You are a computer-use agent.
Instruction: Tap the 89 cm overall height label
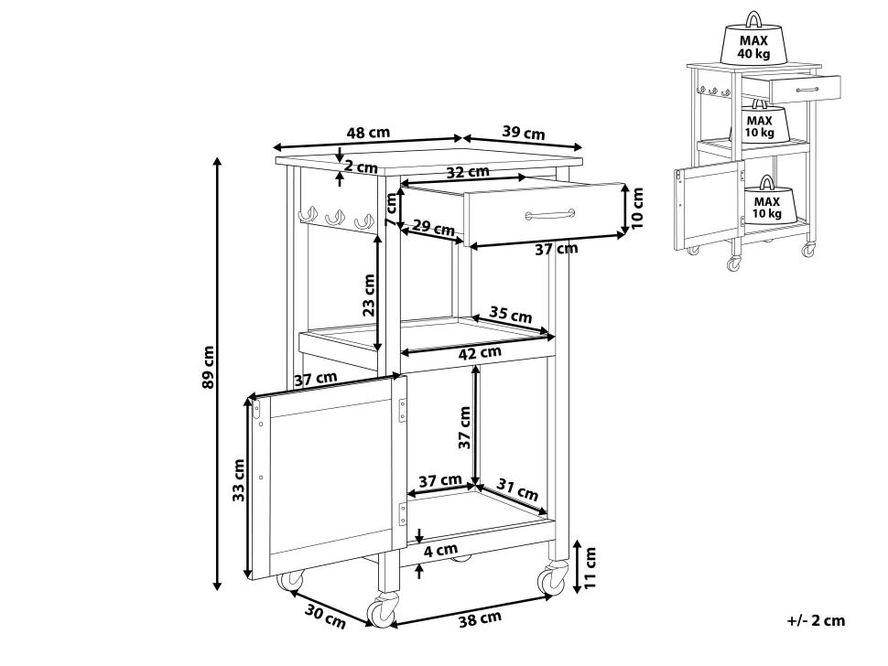209,367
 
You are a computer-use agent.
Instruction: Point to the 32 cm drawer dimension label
467,172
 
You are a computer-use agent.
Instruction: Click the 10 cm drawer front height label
638,208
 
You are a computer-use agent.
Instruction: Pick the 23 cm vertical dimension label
368,295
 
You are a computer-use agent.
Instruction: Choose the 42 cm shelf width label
479,351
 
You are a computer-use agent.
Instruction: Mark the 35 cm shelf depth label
511,317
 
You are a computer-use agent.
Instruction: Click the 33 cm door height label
238,480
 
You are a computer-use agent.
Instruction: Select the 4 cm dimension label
440,551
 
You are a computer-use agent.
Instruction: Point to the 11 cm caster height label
590,566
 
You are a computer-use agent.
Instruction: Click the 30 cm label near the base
324,618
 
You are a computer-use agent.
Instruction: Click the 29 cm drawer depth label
434,226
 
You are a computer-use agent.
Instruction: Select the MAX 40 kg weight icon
756,39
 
